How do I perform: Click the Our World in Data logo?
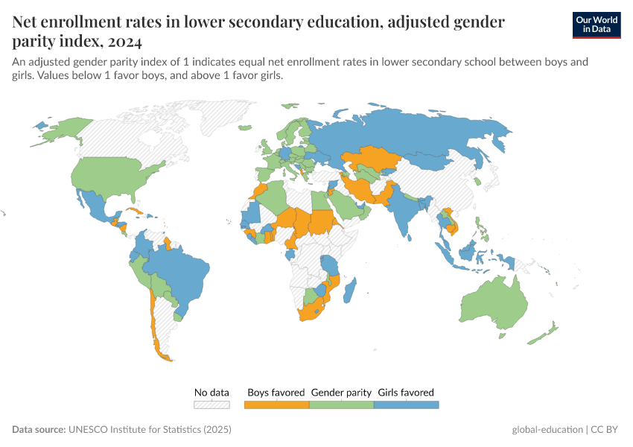point(596,25)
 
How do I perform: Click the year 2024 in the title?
point(120,41)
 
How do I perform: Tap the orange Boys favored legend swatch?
point(276,405)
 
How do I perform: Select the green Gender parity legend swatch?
point(341,405)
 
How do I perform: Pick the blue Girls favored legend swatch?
point(406,405)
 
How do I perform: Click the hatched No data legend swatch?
point(211,405)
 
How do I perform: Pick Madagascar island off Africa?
point(351,290)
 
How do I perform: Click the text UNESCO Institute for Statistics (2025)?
point(150,430)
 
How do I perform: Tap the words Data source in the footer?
point(38,430)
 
